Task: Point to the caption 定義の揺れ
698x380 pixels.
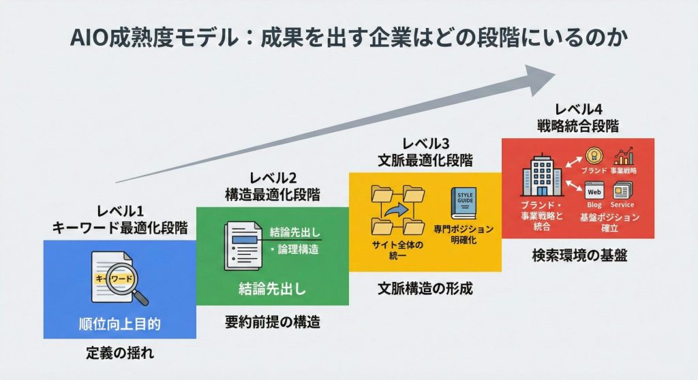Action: [x=119, y=354]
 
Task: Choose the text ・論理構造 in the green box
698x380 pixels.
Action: [x=293, y=249]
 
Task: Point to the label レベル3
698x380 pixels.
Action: [x=425, y=144]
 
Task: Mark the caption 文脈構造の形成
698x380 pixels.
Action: [x=425, y=288]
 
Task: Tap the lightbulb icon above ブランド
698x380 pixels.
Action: [x=594, y=156]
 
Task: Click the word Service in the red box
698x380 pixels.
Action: [x=622, y=205]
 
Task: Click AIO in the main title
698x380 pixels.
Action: [x=89, y=36]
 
